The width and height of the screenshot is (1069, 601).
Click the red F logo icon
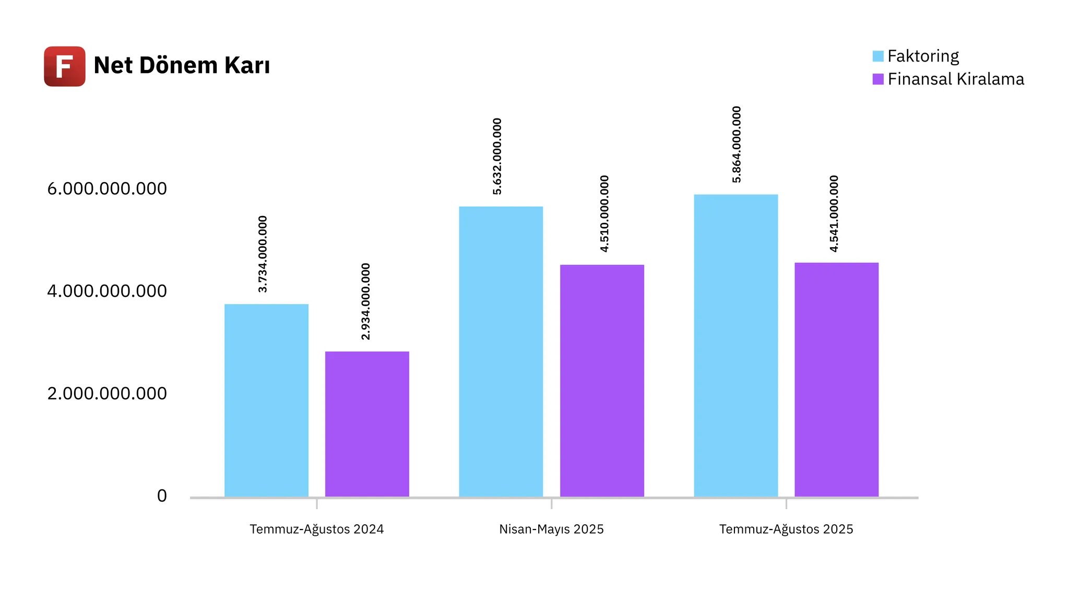click(65, 66)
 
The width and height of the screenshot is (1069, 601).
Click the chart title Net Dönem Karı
click(182, 66)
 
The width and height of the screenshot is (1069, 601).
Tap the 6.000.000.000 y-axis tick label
click(107, 189)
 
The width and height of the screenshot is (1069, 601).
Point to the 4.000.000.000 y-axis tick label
click(107, 291)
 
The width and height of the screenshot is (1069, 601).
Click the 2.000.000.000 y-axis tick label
click(107, 393)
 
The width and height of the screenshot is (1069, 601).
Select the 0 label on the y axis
click(162, 496)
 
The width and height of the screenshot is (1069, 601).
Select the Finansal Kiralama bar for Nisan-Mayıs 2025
click(602, 380)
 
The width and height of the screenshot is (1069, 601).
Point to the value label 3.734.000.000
click(263, 254)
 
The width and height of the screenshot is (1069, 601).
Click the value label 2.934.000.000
click(365, 302)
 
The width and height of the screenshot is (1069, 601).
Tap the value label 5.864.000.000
click(737, 145)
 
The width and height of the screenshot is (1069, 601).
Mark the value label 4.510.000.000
click(604, 214)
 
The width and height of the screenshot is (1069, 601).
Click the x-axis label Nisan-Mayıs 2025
click(551, 529)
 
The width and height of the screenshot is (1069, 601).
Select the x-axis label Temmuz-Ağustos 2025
click(786, 529)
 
